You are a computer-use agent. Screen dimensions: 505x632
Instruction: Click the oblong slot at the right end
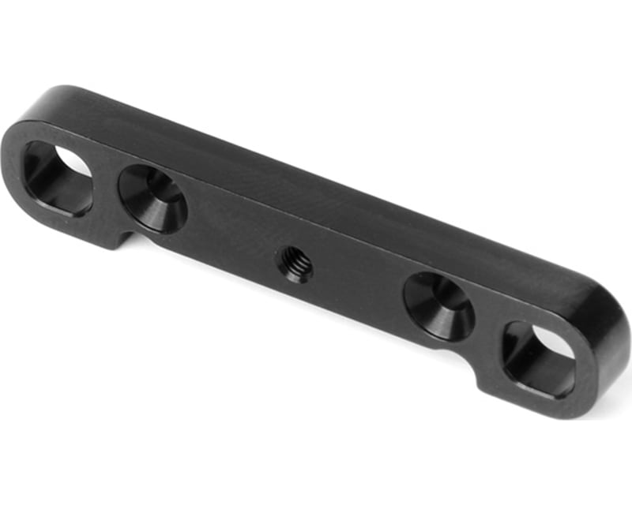(x=540, y=358)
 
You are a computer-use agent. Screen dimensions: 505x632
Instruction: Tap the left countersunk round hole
(x=152, y=198)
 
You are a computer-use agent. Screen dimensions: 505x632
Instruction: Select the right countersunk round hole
(x=439, y=306)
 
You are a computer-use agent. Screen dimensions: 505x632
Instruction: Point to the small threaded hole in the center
(x=294, y=264)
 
